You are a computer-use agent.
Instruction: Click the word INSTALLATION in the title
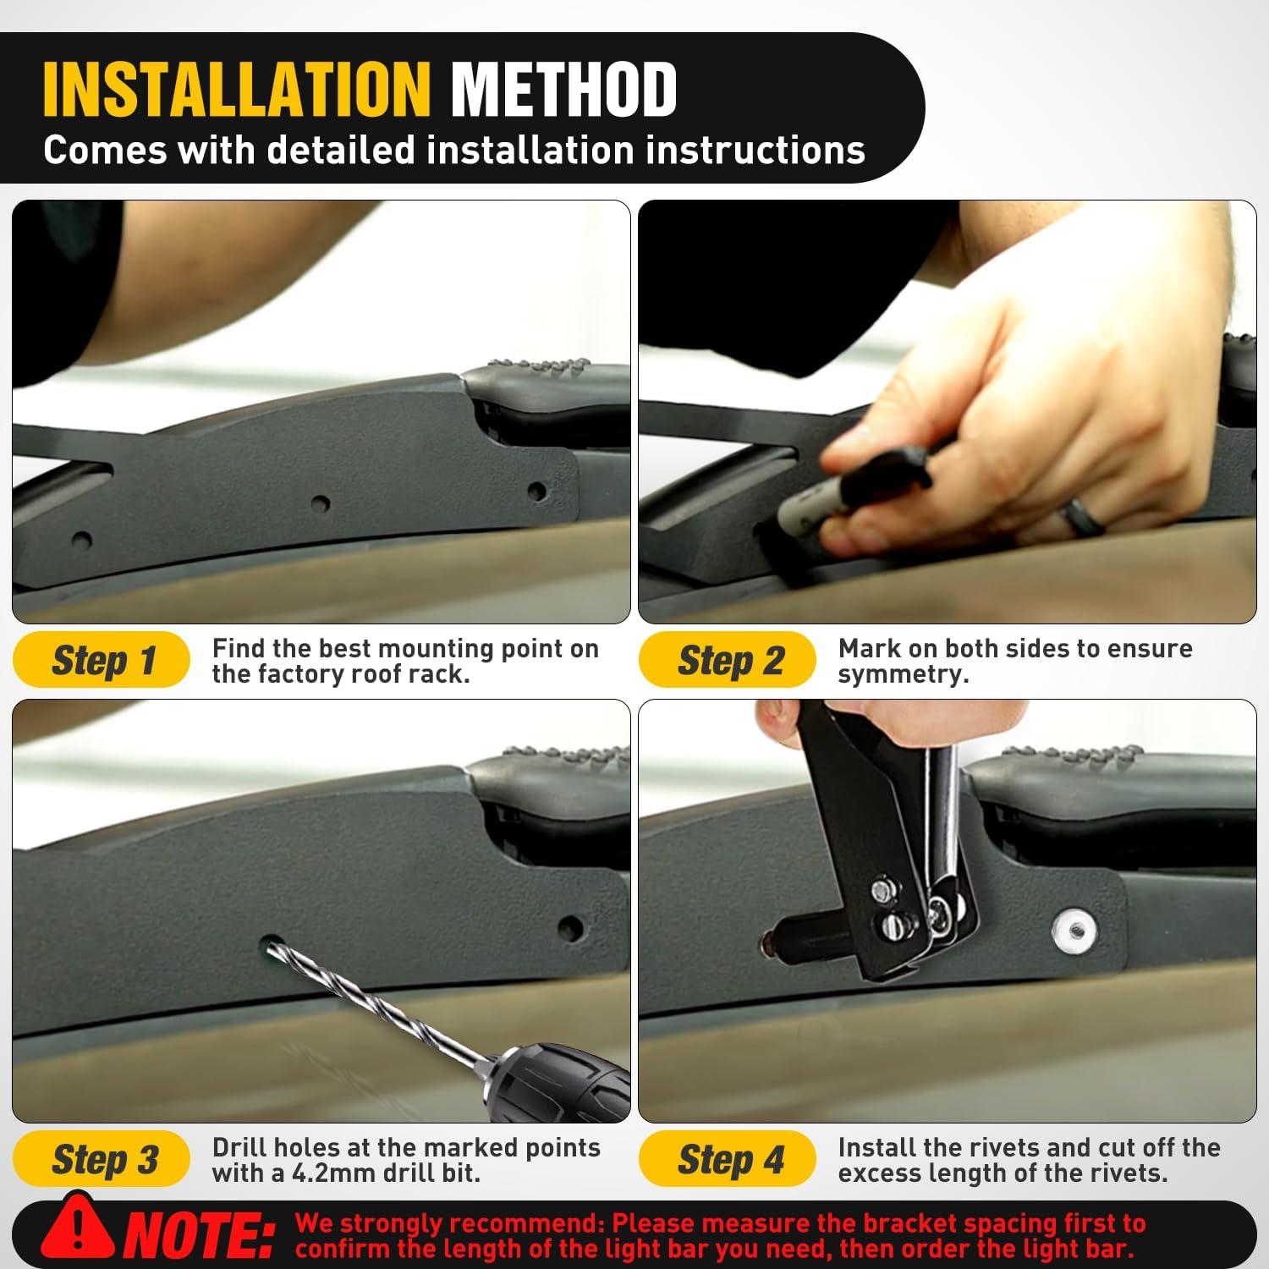point(237,89)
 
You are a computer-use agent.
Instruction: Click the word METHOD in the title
point(563,89)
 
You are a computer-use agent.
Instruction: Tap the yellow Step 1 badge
point(102,660)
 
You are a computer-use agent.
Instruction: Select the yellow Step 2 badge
point(728,660)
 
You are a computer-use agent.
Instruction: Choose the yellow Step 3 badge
point(102,1159)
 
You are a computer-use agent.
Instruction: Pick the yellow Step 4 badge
point(728,1159)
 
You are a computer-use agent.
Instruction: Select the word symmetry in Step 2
point(901,675)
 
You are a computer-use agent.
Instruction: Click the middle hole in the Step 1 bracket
point(320,504)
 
